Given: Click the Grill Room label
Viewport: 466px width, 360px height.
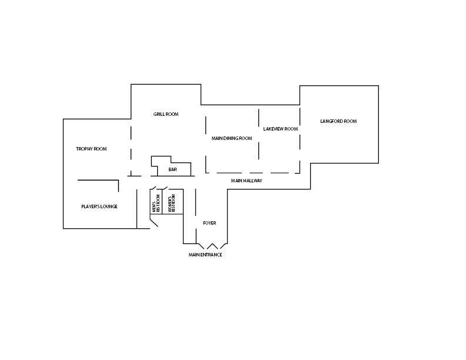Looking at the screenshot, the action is tap(166, 114).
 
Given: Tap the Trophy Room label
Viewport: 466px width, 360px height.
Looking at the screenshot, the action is tap(91, 149).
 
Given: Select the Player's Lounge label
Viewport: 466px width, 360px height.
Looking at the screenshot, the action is tap(99, 206).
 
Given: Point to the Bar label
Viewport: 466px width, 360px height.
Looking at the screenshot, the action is tap(172, 169).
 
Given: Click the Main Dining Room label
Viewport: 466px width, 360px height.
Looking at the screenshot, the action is tap(232, 138).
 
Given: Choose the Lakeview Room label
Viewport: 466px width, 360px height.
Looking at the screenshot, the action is tap(281, 129).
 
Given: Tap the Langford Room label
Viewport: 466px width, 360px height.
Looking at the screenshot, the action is tap(338, 121).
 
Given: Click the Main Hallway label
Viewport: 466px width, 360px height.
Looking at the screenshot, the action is tap(247, 181).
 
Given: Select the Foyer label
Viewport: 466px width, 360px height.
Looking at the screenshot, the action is tap(209, 223).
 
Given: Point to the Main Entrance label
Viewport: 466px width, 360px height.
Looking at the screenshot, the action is tap(205, 255).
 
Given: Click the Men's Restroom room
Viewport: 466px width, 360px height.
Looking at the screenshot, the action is tap(156, 201).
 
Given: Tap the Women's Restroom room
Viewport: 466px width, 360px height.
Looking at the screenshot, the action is tap(172, 201).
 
